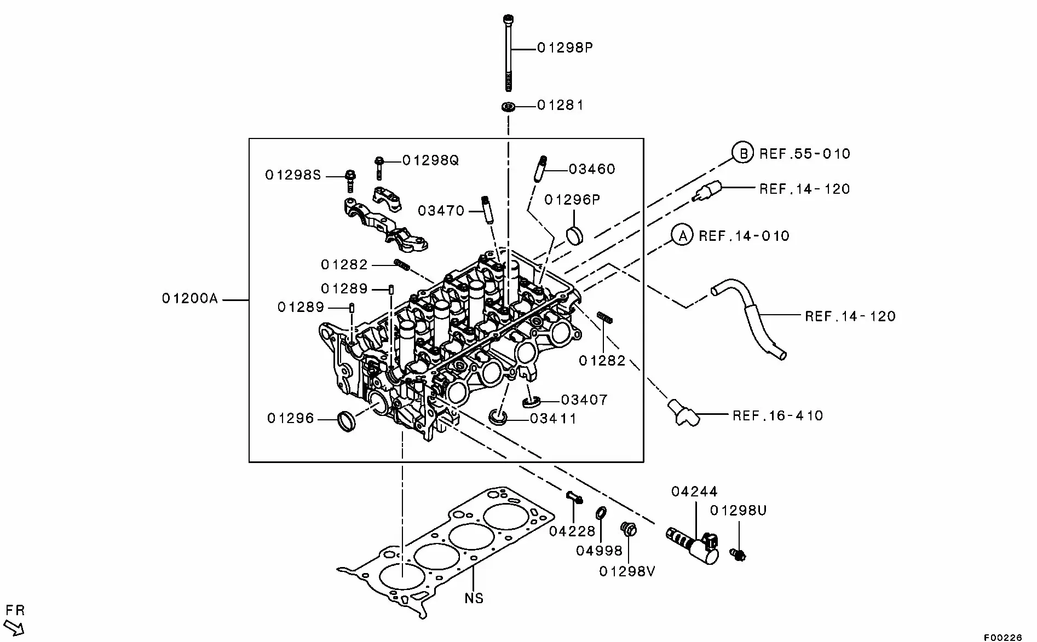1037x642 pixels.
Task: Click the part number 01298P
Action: (564, 48)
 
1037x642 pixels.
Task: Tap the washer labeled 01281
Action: (509, 106)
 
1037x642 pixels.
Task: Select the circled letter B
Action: (743, 153)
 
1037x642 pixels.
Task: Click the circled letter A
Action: (682, 236)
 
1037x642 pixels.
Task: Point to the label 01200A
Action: (189, 299)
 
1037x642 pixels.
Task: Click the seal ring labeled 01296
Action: (347, 420)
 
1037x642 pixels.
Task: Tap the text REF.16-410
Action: (777, 415)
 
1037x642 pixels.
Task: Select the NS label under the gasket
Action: (474, 598)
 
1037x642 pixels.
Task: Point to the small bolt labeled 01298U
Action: (738, 556)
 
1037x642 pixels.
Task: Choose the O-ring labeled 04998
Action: (601, 513)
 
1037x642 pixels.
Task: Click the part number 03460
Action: (592, 169)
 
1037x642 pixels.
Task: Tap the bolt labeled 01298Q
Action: (379, 167)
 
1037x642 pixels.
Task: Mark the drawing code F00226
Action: (1003, 637)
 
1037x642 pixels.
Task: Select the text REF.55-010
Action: (805, 154)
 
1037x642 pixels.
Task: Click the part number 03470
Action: (441, 211)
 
